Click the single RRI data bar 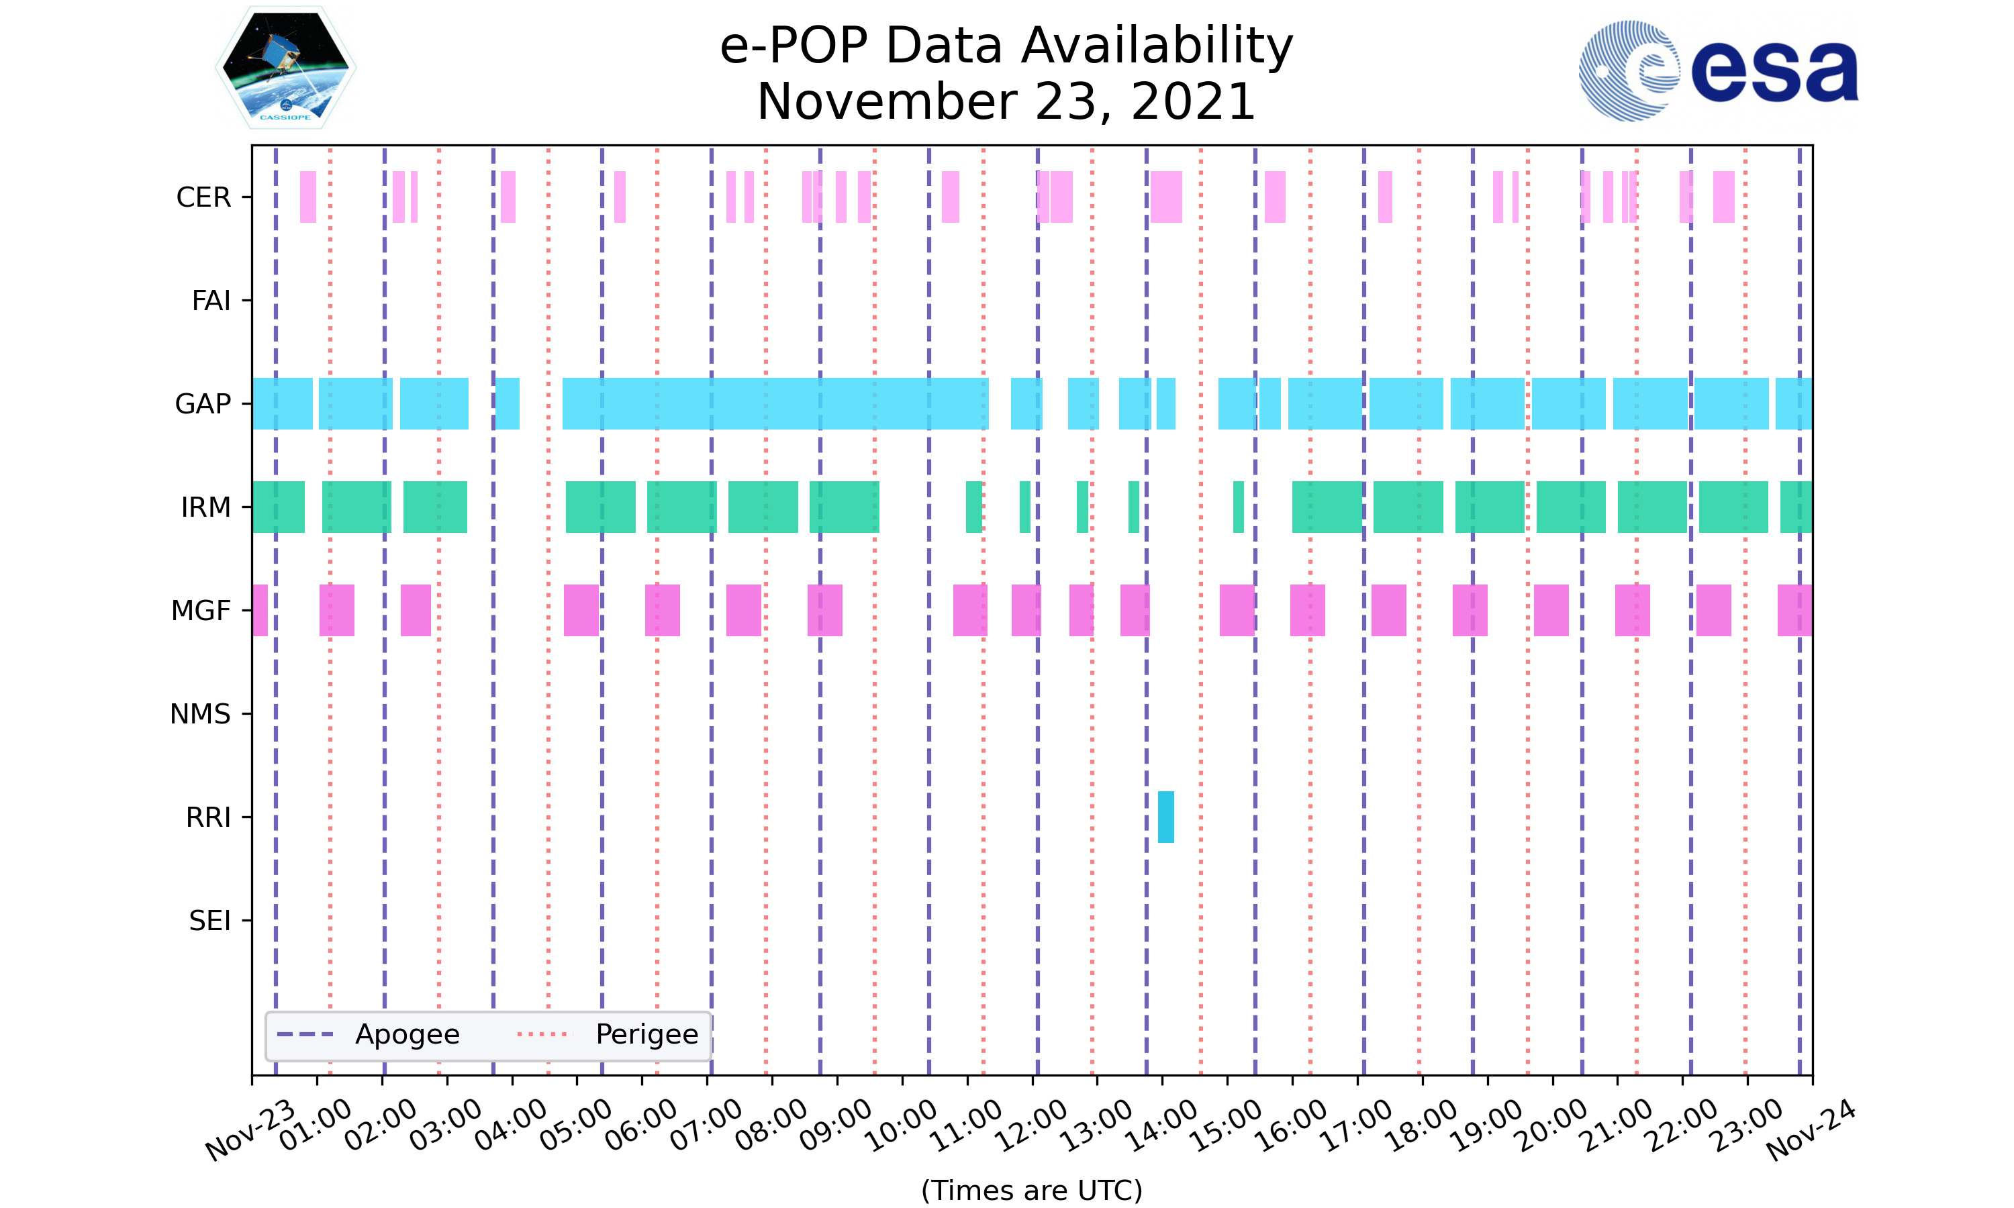pyautogui.click(x=1165, y=817)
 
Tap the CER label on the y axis pyautogui.click(x=203, y=197)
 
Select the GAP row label pyautogui.click(x=203, y=404)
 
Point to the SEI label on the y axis pyautogui.click(x=209, y=921)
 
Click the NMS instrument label pyautogui.click(x=200, y=714)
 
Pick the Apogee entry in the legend pyautogui.click(x=407, y=1035)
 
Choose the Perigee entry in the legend pyautogui.click(x=646, y=1035)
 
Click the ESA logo pyautogui.click(x=1718, y=71)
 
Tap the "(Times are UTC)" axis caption pyautogui.click(x=1031, y=1190)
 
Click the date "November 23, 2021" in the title pyautogui.click(x=1006, y=102)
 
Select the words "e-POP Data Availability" pyautogui.click(x=1006, y=46)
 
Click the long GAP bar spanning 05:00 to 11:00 pyautogui.click(x=775, y=404)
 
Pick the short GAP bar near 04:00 pyautogui.click(x=507, y=404)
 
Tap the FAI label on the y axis pyautogui.click(x=211, y=301)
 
